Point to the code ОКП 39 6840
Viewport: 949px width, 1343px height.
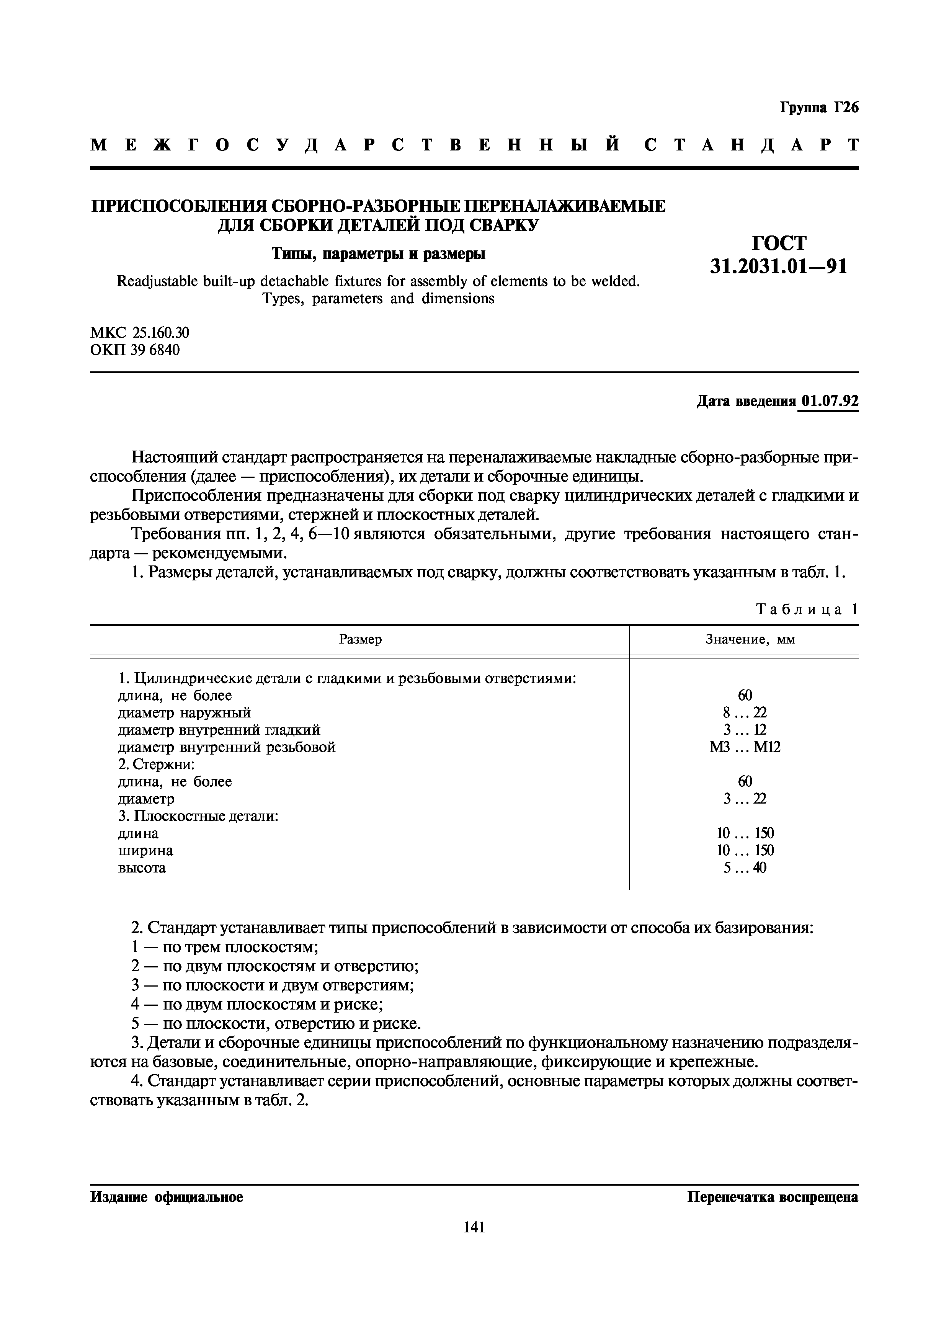pyautogui.click(x=135, y=350)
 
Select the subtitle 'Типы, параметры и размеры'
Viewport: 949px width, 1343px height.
pyautogui.click(x=378, y=254)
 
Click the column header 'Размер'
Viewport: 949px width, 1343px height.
pyautogui.click(x=360, y=639)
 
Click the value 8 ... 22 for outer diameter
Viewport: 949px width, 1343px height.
pyautogui.click(x=745, y=712)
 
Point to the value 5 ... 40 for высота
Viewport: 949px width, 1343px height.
pyautogui.click(x=745, y=868)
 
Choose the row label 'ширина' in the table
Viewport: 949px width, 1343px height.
pyautogui.click(x=145, y=851)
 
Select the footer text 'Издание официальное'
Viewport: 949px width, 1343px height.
pyautogui.click(x=167, y=1197)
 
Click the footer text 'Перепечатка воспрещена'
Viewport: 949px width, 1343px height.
pyautogui.click(x=773, y=1197)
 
